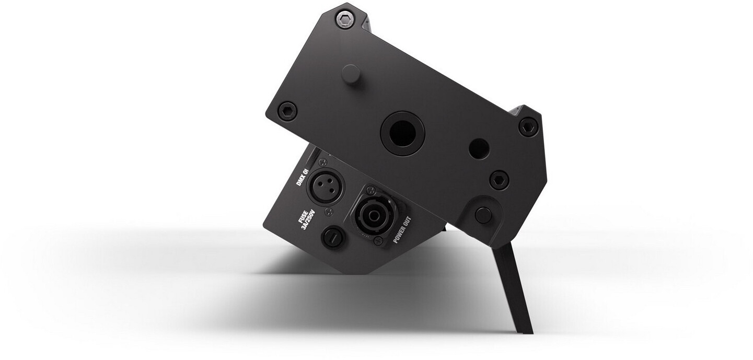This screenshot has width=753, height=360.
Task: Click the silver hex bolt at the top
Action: pyautogui.click(x=345, y=20)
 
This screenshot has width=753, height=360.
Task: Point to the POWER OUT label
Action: pyautogui.click(x=402, y=230)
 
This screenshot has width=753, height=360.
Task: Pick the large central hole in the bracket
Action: pyautogui.click(x=402, y=133)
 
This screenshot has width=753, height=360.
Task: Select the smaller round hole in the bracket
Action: pyautogui.click(x=479, y=148)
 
